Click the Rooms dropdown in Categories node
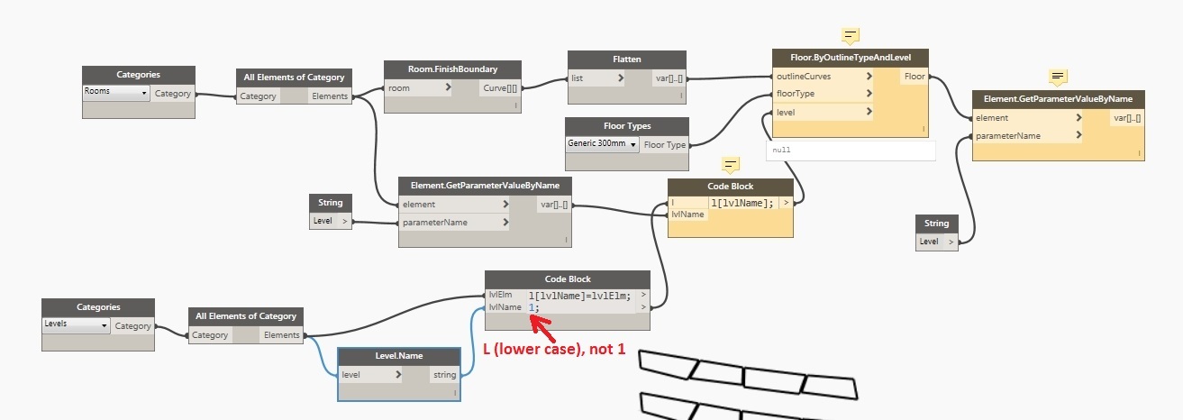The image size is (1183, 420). pyautogui.click(x=115, y=92)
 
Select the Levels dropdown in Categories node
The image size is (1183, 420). pyautogui.click(x=77, y=324)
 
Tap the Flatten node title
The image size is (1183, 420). pyautogui.click(x=626, y=59)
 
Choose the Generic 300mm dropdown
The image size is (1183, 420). pyautogui.click(x=602, y=144)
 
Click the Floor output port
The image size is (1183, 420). pyautogui.click(x=915, y=77)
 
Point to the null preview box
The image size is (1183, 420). pyautogui.click(x=851, y=151)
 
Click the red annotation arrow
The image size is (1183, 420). pyautogui.click(x=540, y=318)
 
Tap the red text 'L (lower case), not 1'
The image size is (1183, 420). pyautogui.click(x=554, y=348)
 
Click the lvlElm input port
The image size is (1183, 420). pyautogui.click(x=500, y=295)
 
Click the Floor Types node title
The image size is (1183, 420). pyautogui.click(x=626, y=126)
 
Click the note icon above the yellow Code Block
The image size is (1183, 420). pyautogui.click(x=731, y=165)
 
